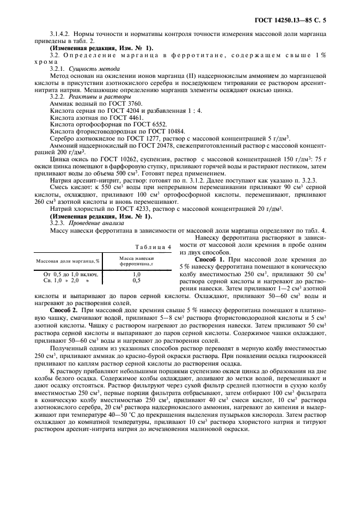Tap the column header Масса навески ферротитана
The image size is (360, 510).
coord(137,260)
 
